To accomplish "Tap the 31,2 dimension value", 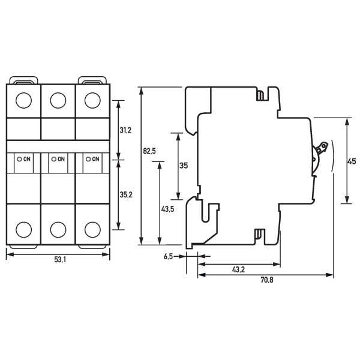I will click(x=126, y=130).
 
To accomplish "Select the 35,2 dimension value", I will click(x=126, y=194).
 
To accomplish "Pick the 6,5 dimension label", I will click(x=169, y=256).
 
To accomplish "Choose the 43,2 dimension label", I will click(x=238, y=270).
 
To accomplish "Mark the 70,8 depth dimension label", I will click(x=266, y=280).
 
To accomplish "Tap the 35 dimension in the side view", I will click(x=184, y=166).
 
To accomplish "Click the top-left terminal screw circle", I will click(x=23, y=100).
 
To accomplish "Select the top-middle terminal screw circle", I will click(x=58, y=100).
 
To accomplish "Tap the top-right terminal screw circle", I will click(x=92, y=100).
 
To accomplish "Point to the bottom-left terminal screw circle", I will click(x=23, y=229).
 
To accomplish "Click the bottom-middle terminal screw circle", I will click(x=58, y=229).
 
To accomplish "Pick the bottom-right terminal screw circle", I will click(x=92, y=229).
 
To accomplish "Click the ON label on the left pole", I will click(x=27, y=159).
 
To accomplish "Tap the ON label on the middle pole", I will click(x=61, y=159).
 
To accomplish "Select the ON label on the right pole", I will click(x=95, y=159).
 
